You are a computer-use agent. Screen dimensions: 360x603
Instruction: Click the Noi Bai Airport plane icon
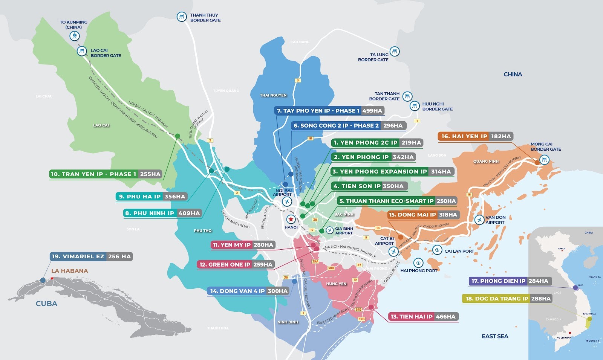287,202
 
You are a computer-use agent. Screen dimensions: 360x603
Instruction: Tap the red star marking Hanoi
291,219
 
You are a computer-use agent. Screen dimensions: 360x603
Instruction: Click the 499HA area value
372,111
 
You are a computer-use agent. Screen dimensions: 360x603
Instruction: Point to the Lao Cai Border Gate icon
82,51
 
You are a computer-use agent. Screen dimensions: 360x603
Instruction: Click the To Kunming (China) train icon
75,36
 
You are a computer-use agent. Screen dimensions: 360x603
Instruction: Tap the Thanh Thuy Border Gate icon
182,17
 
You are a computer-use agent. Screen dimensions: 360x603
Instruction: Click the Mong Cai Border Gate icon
544,160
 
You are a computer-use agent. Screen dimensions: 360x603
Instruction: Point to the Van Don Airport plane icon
479,220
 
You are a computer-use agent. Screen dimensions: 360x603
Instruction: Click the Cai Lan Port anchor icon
437,250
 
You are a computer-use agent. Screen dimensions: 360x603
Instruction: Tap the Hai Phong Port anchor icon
418,262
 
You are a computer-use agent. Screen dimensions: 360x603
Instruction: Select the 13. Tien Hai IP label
411,317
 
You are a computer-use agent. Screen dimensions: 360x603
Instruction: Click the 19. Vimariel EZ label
78,256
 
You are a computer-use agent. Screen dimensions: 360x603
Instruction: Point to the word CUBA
46,304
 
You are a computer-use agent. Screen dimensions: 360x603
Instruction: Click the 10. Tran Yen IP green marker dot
178,136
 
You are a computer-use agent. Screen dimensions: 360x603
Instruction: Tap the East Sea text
495,336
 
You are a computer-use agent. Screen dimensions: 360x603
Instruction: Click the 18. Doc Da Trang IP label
496,299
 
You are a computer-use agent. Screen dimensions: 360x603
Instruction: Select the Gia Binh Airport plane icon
330,230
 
